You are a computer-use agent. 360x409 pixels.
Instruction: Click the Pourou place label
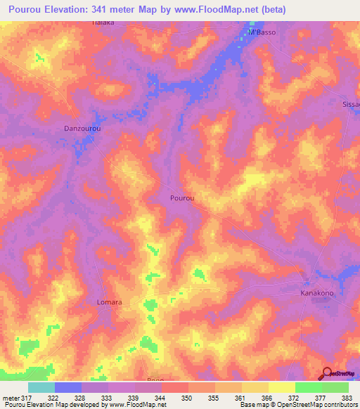click(x=182, y=198)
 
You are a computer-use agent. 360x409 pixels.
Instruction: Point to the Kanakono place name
click(x=317, y=292)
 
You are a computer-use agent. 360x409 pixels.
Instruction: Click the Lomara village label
click(x=109, y=302)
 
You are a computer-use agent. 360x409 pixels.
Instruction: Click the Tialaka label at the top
click(x=103, y=22)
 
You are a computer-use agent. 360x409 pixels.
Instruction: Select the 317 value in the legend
click(x=27, y=397)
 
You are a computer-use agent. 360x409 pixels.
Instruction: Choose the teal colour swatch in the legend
click(x=41, y=387)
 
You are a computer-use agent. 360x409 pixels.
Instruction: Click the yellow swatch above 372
click(x=281, y=387)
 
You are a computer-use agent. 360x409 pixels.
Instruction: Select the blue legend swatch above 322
click(x=67, y=387)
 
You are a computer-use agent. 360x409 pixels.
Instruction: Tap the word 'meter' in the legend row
click(x=11, y=397)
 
